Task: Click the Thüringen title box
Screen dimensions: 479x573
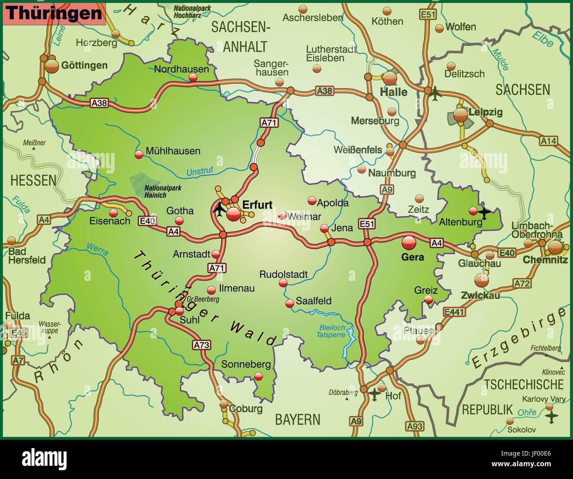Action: point(54,13)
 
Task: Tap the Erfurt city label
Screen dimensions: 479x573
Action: point(257,204)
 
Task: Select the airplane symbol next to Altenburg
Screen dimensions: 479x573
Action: point(484,213)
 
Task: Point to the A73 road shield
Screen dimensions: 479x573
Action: point(201,345)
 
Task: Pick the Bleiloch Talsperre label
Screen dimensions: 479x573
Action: point(331,331)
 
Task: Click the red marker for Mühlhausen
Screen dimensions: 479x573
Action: point(139,154)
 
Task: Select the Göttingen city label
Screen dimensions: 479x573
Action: point(84,65)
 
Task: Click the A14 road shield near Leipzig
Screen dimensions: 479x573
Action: point(549,141)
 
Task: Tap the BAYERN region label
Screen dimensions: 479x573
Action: point(298,419)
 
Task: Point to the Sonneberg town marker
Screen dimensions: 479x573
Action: point(259,376)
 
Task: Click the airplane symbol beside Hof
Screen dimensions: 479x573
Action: point(374,394)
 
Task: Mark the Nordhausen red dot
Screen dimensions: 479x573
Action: point(193,78)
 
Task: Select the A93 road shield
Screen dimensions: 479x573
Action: point(414,426)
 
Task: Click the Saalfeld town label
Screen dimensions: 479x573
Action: point(313,301)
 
